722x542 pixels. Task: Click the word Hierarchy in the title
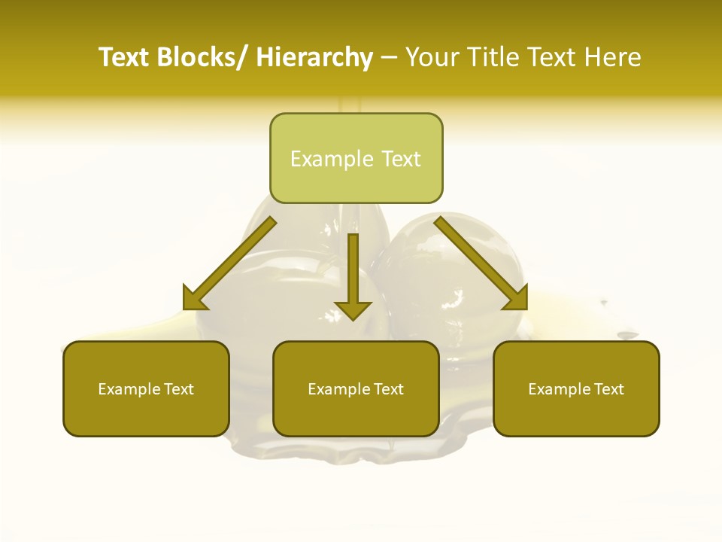pos(314,58)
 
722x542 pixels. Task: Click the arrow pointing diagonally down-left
pos(230,263)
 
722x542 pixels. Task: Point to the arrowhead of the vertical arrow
pos(353,309)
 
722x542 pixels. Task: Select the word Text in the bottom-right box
pos(608,389)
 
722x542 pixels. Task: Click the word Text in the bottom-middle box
pos(388,389)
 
